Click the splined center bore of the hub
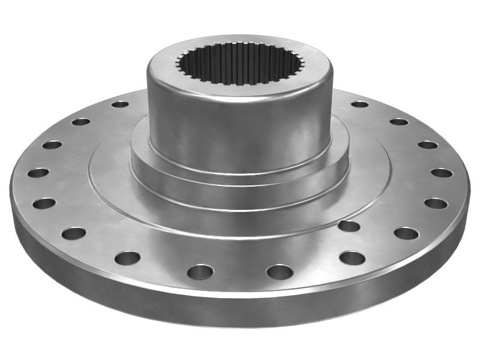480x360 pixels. coord(240,64)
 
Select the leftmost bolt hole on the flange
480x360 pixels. coord(38,173)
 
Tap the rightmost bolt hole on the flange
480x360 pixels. coord(442,173)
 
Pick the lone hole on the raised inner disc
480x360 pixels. coord(349,226)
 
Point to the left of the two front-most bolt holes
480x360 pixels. coord(200,272)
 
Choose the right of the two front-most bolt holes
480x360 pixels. coord(280,272)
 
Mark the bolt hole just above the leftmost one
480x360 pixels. coord(52,145)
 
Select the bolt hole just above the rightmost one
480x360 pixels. coord(428,145)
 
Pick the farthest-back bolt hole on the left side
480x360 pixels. coord(120,104)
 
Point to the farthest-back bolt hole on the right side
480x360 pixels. coord(359,104)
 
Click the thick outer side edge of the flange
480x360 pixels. coord(240,312)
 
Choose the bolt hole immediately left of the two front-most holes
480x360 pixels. coord(127,258)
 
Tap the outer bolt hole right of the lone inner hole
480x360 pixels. coord(406,233)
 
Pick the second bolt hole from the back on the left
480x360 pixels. coord(80,122)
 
